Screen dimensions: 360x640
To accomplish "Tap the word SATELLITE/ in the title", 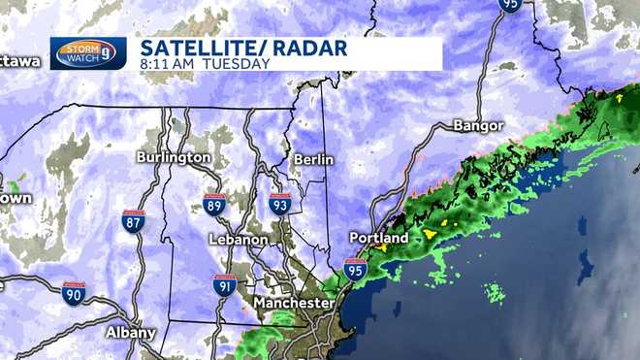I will (197, 47).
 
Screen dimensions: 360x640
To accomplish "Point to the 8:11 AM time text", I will (169, 65).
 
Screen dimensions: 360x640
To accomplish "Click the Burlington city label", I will (174, 156).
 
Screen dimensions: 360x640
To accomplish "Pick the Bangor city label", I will (479, 126).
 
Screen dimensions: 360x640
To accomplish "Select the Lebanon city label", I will (238, 239).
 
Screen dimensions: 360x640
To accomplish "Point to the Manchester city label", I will (294, 304).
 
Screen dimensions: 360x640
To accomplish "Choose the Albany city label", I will (130, 332).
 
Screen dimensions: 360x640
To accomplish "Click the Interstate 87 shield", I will (135, 220).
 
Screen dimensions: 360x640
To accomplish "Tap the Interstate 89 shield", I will (215, 204).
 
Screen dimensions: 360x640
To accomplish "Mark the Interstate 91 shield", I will (224, 285).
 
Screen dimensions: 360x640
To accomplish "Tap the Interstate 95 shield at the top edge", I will (511, 5).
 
